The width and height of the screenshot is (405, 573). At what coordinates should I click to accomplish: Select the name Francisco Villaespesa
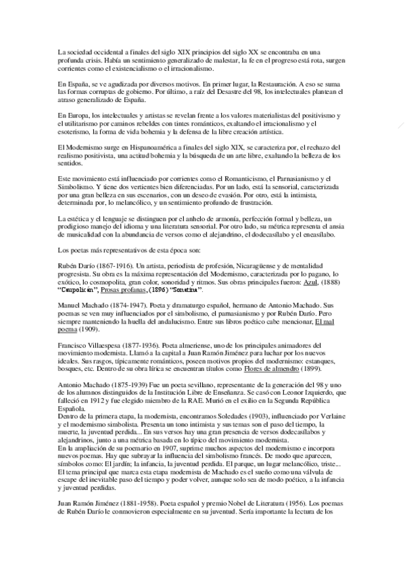(x=89, y=348)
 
